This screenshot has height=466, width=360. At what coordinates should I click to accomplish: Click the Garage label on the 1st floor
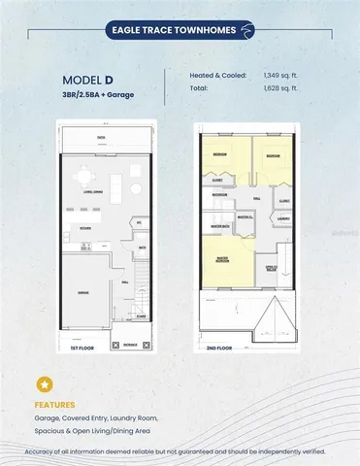pos(84,291)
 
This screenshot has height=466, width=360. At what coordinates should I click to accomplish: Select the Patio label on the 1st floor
pos(100,139)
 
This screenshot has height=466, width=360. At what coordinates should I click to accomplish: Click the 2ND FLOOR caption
pos(219,347)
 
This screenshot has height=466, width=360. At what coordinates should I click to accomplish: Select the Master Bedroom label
pos(223,260)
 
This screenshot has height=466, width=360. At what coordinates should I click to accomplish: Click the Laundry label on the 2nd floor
pos(282,218)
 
